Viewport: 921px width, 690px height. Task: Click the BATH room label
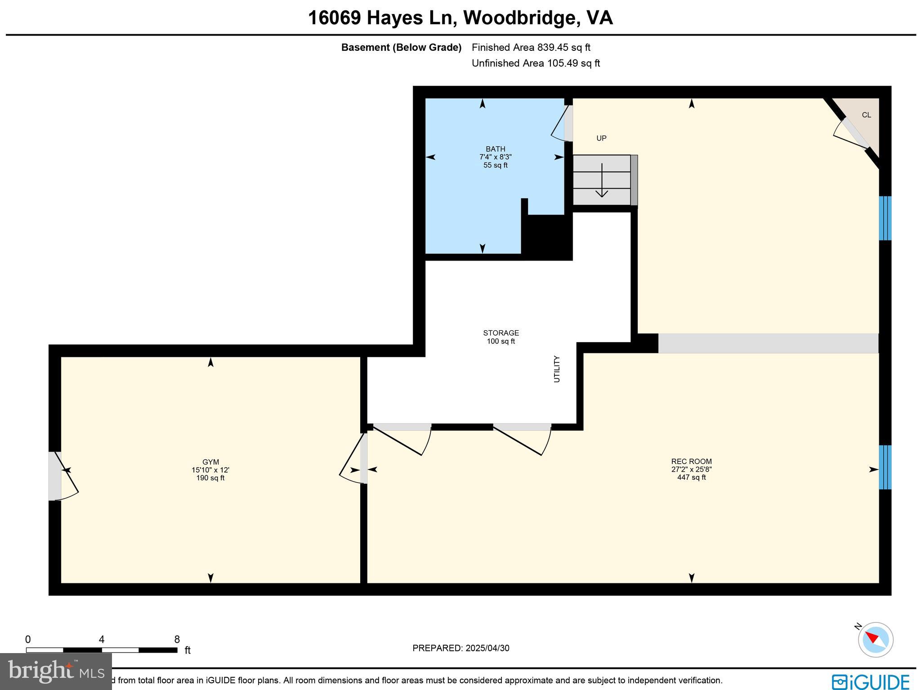(495, 149)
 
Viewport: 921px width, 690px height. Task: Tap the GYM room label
(210, 462)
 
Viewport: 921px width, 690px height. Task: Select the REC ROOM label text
(691, 461)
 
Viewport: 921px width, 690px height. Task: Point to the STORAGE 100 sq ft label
(501, 337)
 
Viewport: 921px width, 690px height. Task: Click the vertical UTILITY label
(557, 369)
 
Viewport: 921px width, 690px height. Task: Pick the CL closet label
(866, 115)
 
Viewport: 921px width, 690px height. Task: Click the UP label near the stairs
(601, 139)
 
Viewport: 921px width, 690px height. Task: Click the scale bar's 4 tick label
(102, 640)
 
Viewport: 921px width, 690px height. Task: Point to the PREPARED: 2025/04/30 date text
(460, 648)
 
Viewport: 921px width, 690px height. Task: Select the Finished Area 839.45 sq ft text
(531, 48)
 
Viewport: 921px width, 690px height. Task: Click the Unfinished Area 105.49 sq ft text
(536, 63)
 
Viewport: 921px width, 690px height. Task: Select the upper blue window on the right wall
(885, 218)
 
